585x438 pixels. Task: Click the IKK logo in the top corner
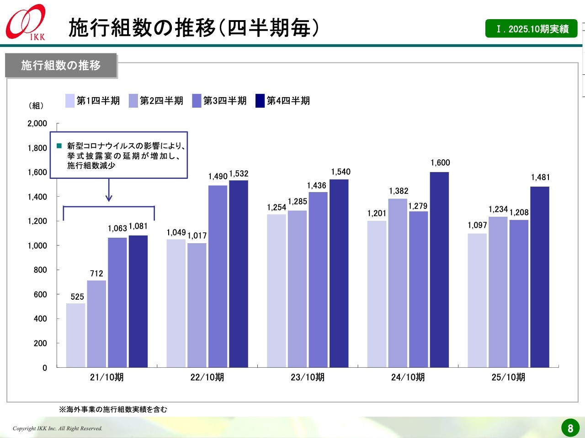click(x=26, y=23)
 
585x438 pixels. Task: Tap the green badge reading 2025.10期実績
click(x=532, y=29)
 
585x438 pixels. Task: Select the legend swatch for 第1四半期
click(x=70, y=101)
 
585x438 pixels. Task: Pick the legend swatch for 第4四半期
click(x=260, y=101)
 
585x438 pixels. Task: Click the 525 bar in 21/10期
click(x=75, y=335)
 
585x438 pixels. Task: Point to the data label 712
click(x=96, y=273)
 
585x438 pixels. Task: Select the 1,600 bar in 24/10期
click(x=439, y=269)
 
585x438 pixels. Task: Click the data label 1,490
click(x=218, y=177)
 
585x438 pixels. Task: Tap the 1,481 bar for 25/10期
click(x=540, y=276)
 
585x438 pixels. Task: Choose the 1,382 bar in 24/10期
click(x=398, y=283)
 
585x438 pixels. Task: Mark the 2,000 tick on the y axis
click(x=37, y=124)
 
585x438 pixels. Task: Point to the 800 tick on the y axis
click(x=40, y=270)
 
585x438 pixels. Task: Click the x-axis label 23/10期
click(x=308, y=377)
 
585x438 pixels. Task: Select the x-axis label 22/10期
click(x=207, y=377)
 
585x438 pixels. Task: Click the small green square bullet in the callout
click(x=59, y=146)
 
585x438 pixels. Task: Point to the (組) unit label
click(x=36, y=105)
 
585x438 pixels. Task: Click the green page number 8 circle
click(x=570, y=428)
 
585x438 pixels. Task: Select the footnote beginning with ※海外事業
click(x=113, y=409)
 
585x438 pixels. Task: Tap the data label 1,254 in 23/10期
click(x=277, y=208)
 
